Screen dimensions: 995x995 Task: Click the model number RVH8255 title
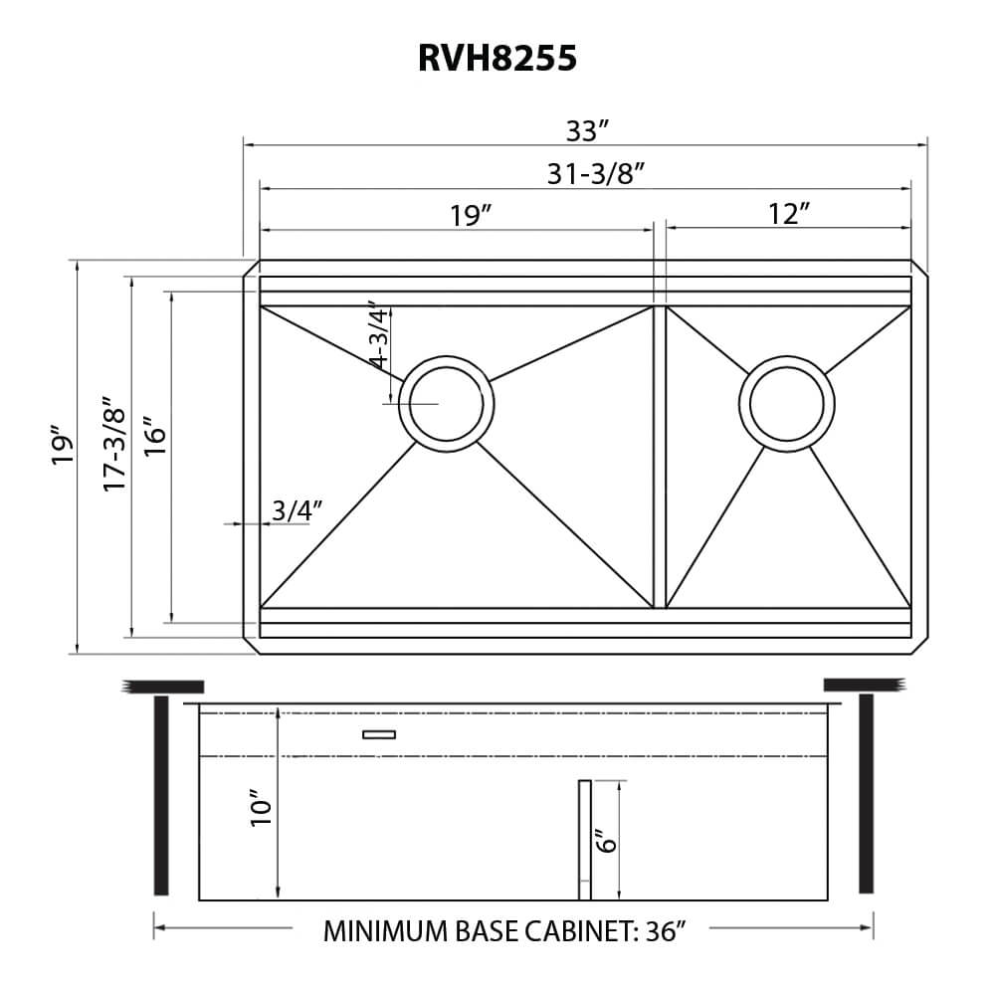tap(497, 59)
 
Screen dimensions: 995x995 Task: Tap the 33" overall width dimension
tap(587, 130)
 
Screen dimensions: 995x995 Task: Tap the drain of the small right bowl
tap(786, 403)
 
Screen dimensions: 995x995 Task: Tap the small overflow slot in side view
tap(379, 735)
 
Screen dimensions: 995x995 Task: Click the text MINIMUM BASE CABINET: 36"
tap(505, 931)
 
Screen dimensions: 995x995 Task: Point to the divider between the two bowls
tap(659, 457)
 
